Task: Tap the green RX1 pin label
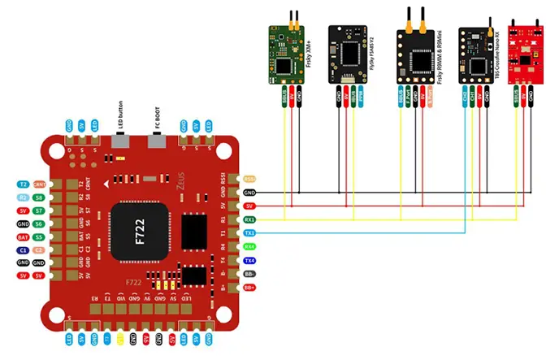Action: click(249, 219)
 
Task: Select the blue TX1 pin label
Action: click(249, 233)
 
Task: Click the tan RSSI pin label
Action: click(249, 178)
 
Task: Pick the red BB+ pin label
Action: click(249, 287)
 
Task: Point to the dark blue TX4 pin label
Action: click(249, 260)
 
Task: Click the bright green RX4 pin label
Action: click(249, 246)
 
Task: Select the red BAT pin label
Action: click(23, 236)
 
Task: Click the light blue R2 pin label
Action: click(23, 197)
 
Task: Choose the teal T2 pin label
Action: click(23, 184)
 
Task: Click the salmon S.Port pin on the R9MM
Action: click(431, 98)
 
